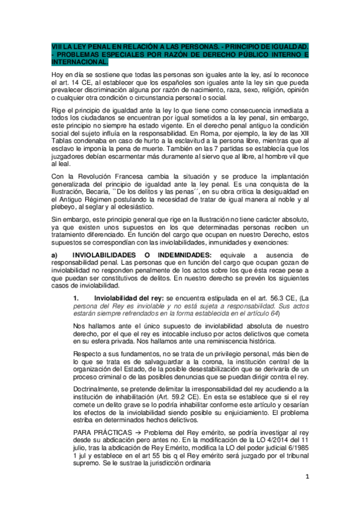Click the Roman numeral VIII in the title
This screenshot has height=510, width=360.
coord(55,46)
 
